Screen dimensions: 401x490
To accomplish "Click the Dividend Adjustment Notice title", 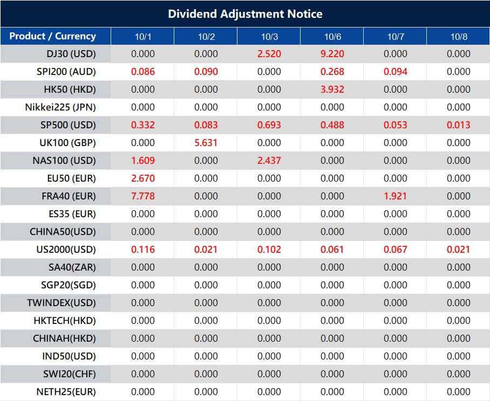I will click(245, 13).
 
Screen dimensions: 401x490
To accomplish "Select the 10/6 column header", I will click(332, 37).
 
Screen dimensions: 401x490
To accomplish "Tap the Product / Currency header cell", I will click(52, 36).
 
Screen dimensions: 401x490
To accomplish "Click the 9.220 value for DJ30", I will click(332, 54).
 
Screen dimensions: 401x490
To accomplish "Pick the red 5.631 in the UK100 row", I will click(206, 143).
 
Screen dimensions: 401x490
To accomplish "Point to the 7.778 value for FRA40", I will click(142, 196).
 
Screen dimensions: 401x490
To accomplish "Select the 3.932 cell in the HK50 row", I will click(332, 89).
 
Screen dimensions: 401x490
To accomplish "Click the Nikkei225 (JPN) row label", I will click(60, 107).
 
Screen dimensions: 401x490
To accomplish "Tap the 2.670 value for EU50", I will click(142, 178).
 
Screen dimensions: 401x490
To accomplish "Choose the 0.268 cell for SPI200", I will click(332, 72).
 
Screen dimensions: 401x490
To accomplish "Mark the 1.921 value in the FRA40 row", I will click(395, 196).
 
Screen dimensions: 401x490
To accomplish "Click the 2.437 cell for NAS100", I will click(269, 161).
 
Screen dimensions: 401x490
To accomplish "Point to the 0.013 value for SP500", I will click(458, 125).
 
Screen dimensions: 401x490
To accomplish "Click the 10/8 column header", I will click(458, 37).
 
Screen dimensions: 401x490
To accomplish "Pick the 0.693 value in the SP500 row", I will click(269, 125).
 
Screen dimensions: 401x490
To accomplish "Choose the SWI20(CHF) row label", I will click(70, 374).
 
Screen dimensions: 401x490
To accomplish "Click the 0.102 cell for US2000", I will click(269, 250).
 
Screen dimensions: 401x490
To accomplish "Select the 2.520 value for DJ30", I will click(269, 54).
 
